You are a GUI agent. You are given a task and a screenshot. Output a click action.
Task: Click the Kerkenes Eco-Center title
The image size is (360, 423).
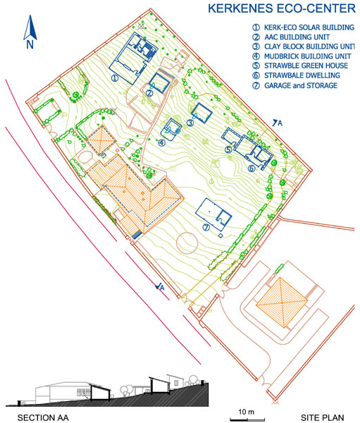[x=282, y=8]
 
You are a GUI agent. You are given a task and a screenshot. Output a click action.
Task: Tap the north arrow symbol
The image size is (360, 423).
[x=30, y=32]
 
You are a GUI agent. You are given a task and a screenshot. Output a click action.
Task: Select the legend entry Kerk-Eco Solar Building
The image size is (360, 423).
[x=303, y=27]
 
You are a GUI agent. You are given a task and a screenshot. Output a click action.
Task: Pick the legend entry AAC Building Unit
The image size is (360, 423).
[x=291, y=37]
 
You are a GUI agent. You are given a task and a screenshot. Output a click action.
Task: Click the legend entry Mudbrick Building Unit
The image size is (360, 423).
[x=302, y=56]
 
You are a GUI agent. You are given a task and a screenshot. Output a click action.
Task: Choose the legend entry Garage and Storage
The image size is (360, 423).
[x=294, y=85]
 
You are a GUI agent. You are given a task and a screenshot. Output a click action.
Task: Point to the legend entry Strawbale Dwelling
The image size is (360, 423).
[x=296, y=75]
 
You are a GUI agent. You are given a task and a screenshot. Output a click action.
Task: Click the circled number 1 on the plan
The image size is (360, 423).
[x=115, y=78]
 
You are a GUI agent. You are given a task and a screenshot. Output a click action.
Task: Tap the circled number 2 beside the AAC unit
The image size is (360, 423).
[x=149, y=93]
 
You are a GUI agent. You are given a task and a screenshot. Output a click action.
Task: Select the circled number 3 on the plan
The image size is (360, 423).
[x=190, y=123]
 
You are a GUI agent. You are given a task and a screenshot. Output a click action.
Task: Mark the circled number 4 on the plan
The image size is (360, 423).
[x=161, y=142]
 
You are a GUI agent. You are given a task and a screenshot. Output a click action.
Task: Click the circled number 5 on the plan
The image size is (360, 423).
[x=228, y=149]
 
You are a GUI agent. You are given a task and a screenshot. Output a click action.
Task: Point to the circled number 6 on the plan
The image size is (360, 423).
[x=252, y=168]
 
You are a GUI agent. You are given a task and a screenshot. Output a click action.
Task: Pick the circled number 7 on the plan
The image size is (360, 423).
[x=206, y=228]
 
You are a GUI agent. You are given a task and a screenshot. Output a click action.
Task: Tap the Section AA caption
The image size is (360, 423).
[x=43, y=418]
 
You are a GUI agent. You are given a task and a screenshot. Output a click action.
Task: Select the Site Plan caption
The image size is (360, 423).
[x=322, y=417]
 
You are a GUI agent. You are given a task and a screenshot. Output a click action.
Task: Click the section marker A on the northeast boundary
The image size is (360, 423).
[x=278, y=123]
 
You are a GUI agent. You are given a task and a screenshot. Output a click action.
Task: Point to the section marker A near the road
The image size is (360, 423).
[x=160, y=287]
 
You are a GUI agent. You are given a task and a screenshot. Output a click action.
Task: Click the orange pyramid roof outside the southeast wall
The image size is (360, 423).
[x=282, y=302]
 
